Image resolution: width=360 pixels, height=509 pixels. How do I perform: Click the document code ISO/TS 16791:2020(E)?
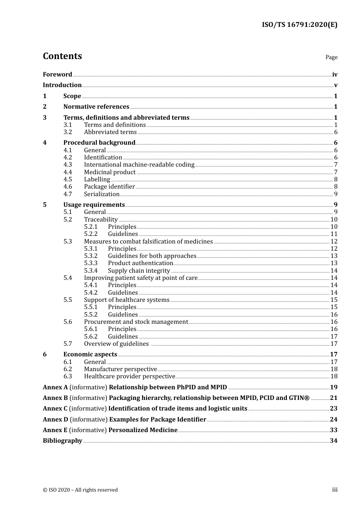pyautogui.click(x=299, y=25)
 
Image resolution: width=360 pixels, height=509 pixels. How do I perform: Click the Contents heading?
pyautogui.click(x=62, y=56)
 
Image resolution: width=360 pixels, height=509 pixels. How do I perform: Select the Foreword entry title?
pyautogui.click(x=57, y=74)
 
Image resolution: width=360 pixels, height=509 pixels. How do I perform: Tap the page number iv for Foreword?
pyautogui.click(x=335, y=74)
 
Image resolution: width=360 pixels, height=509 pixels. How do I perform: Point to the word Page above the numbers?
pyautogui.click(x=331, y=57)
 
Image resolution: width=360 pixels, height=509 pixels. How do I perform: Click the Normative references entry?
pyautogui.click(x=96, y=106)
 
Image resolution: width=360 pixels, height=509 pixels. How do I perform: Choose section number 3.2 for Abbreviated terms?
pyautogui.click(x=68, y=132)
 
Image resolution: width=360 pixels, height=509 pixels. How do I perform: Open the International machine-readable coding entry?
pyautogui.click(x=139, y=164)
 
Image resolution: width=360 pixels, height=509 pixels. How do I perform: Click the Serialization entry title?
pyautogui.click(x=102, y=194)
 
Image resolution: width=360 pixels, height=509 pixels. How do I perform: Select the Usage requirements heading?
pyautogui.click(x=94, y=205)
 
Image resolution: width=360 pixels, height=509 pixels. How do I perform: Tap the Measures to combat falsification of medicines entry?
pyautogui.click(x=148, y=241)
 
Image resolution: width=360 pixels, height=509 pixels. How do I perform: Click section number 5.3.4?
pyautogui.click(x=91, y=270)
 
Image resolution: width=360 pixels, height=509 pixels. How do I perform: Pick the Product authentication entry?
pyautogui.click(x=140, y=263)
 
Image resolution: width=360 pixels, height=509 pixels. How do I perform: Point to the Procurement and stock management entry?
pyautogui.click(x=136, y=322)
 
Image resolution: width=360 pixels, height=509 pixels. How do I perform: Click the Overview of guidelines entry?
pyautogui.click(x=116, y=343)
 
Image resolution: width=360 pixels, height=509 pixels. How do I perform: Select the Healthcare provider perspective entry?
pyautogui.click(x=130, y=376)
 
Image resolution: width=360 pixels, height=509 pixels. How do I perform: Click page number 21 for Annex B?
pyautogui.click(x=333, y=398)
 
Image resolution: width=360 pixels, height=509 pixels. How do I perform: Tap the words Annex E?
pyautogui.click(x=55, y=430)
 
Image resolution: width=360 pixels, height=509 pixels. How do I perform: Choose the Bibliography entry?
pyautogui.click(x=63, y=440)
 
